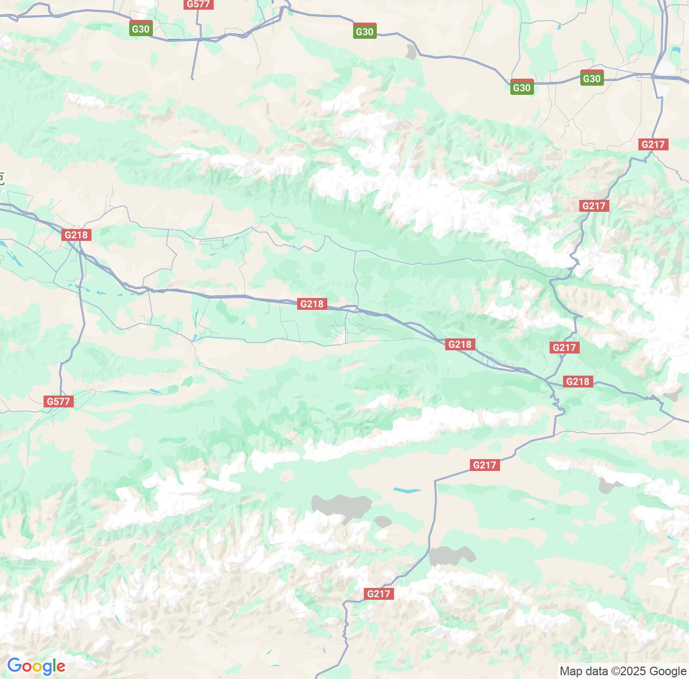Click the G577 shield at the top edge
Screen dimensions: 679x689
[x=198, y=4]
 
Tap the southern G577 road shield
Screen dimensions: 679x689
[x=58, y=401]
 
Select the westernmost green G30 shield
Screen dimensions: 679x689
[x=140, y=29]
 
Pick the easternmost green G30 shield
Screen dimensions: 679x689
[x=592, y=79]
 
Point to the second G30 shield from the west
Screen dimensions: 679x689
[x=364, y=31]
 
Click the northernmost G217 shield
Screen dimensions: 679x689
[x=654, y=144]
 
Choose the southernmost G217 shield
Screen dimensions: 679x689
[x=378, y=594]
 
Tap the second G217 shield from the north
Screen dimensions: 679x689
[x=594, y=206]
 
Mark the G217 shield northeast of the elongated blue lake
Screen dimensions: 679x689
[x=484, y=465]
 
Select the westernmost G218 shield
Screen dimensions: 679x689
[x=76, y=235]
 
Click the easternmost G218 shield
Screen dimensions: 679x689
[x=578, y=382]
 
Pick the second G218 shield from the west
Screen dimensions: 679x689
[x=312, y=304]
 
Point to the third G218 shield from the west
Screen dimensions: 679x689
[x=460, y=344]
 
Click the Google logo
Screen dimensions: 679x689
[x=36, y=666]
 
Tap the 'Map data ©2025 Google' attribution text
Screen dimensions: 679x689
[x=623, y=671]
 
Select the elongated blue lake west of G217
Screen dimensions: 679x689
[x=407, y=491]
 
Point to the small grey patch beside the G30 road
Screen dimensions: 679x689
[x=412, y=52]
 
